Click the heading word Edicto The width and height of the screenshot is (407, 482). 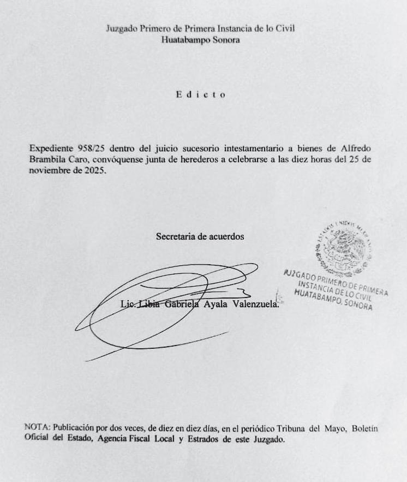(x=201, y=94)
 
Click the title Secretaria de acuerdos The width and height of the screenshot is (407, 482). (x=200, y=236)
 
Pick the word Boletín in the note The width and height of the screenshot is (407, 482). (x=364, y=429)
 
